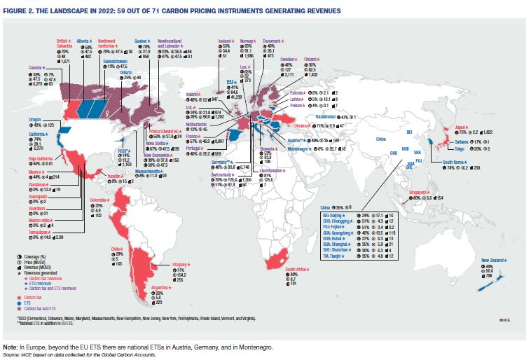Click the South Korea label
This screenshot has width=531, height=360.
pos(456,162)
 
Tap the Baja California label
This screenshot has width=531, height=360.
pos(41,159)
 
